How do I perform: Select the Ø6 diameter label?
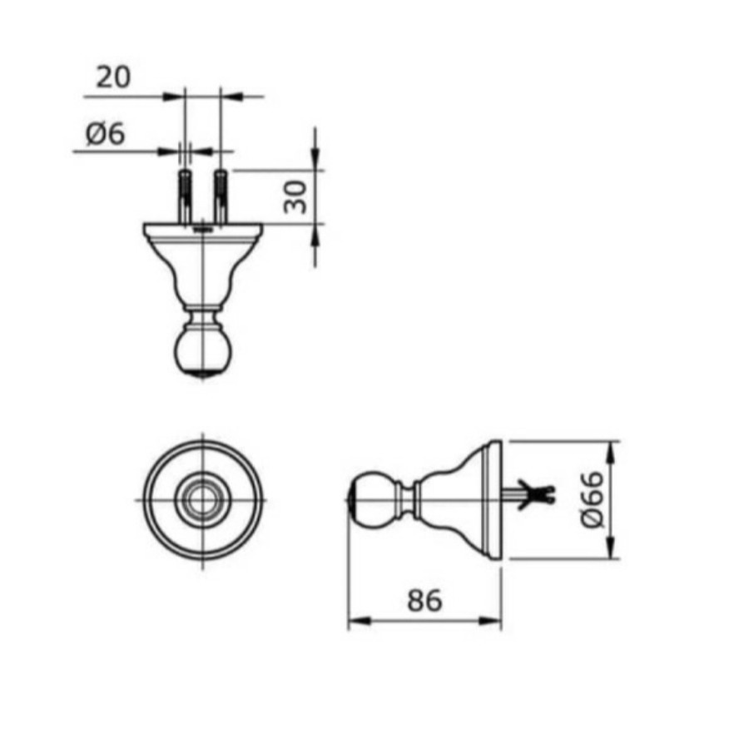[x=106, y=133]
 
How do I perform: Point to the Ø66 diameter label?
[x=593, y=499]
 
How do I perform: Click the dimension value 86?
[x=424, y=600]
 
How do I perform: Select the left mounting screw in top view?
[x=184, y=196]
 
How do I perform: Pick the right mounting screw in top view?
[x=221, y=196]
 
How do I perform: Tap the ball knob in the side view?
[x=371, y=498]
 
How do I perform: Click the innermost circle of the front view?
[x=201, y=500]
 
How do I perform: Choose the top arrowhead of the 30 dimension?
[x=315, y=158]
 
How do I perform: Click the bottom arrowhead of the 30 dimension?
[x=315, y=235]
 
